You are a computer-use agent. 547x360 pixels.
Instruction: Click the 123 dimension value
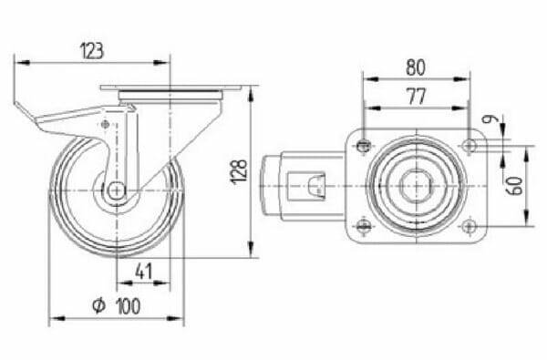click(x=92, y=51)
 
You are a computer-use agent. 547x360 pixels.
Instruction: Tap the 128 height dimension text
click(x=239, y=171)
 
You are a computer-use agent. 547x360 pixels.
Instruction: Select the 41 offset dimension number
click(x=144, y=272)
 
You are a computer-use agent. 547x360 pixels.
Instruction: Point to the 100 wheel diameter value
click(x=129, y=306)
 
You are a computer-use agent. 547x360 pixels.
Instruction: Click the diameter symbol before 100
click(x=98, y=305)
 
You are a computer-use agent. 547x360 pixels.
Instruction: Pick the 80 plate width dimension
click(x=416, y=67)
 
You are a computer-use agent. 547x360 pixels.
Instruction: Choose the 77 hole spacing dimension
click(x=417, y=97)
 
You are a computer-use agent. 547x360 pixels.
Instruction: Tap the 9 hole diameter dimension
click(x=487, y=119)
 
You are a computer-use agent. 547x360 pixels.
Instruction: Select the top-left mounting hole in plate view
click(x=364, y=146)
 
